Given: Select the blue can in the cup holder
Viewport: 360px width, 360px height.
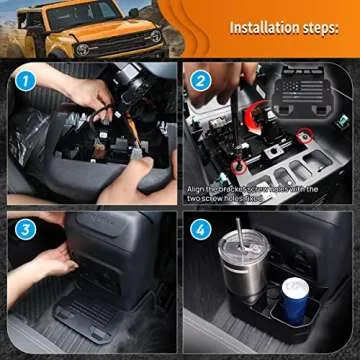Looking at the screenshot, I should point(296,299).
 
